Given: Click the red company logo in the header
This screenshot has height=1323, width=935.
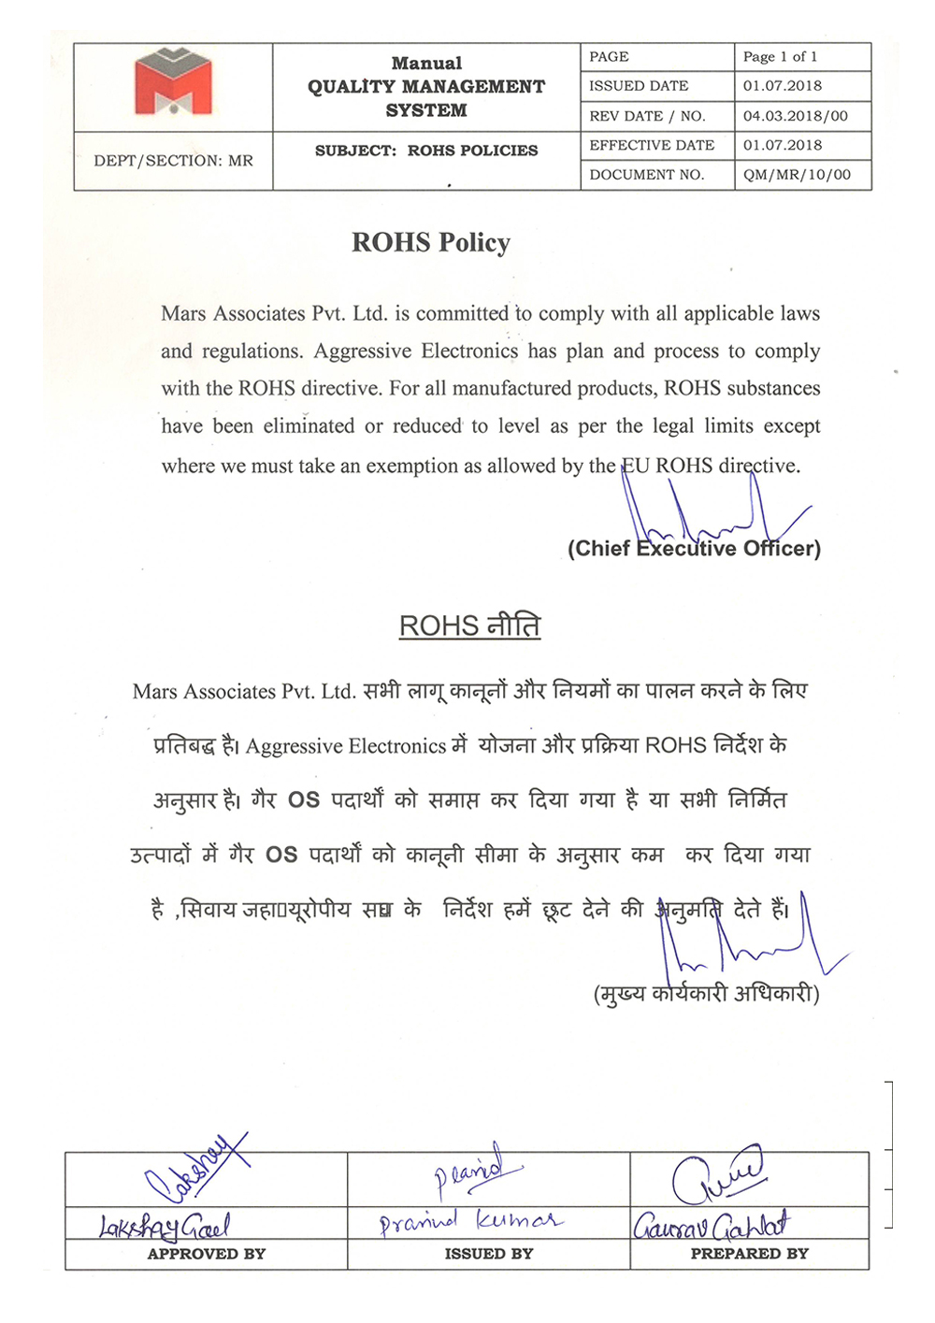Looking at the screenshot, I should pos(173,83).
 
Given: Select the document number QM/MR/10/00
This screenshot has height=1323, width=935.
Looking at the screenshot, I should pos(797,175).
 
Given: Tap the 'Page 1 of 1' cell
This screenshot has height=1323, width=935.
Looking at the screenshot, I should pos(780,57).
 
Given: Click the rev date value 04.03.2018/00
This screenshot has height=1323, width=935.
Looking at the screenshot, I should pos(795,116).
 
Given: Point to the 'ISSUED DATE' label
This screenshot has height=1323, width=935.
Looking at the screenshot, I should pos(639,86).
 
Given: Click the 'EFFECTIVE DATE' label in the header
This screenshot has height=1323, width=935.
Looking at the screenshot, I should pos(652,145).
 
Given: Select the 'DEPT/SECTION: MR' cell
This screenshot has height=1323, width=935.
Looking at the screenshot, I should pos(173,161).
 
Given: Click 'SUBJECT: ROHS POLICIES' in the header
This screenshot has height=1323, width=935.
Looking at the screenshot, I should pos(426,151).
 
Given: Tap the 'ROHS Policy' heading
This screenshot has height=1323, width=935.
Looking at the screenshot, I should pos(431,243).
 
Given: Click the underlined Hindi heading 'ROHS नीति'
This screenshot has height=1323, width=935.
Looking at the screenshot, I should pos(469,626).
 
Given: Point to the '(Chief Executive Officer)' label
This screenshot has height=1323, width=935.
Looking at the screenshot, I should pos(694,549).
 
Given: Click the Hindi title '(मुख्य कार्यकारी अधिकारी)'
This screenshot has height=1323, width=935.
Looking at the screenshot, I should pos(706,993).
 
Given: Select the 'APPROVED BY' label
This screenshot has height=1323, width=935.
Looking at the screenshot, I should pos(207,1254).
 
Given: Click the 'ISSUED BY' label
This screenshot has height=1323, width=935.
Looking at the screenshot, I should pos(489,1254).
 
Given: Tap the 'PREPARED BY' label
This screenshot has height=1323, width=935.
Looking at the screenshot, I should pos(749,1254).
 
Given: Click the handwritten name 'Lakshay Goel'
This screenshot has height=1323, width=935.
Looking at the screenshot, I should pos(165,1225).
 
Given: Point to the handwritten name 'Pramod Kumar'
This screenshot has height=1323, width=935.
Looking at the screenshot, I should pos(470,1221).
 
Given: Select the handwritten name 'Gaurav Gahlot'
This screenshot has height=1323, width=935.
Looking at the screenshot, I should pos(711,1225).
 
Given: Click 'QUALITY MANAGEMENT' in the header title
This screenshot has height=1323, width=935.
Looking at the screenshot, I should pos(426,87).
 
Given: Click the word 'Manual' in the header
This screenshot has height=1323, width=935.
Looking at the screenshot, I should pos(426,64).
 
